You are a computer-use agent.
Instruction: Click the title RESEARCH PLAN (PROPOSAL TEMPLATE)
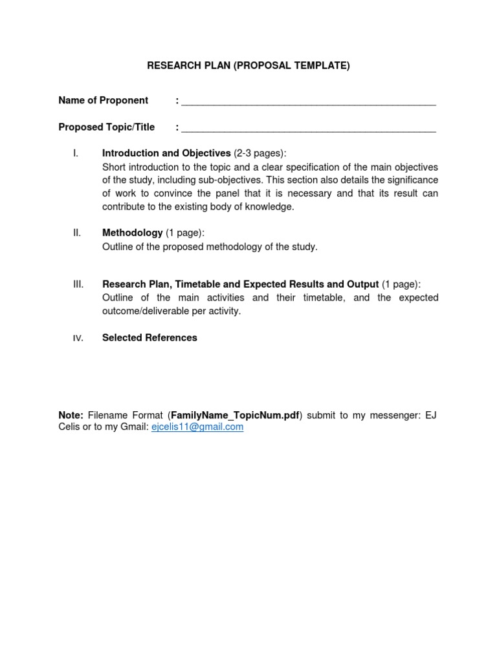[248, 66]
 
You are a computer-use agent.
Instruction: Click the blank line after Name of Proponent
[309, 102]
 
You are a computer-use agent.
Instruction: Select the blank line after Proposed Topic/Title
[309, 129]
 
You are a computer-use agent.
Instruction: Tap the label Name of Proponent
[104, 100]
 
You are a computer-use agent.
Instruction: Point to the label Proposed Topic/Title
[107, 127]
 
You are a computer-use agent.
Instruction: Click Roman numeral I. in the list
[76, 153]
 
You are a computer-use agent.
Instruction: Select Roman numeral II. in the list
[77, 233]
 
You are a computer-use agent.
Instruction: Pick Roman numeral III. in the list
[78, 284]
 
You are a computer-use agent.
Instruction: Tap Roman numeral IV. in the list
[78, 338]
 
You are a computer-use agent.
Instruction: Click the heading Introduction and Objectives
[166, 153]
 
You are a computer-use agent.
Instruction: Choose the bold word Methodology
[132, 233]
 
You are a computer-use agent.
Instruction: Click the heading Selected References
[149, 337]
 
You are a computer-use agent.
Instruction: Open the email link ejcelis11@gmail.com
[197, 427]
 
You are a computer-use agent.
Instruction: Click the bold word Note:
[71, 415]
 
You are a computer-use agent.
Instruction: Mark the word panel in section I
[231, 193]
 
